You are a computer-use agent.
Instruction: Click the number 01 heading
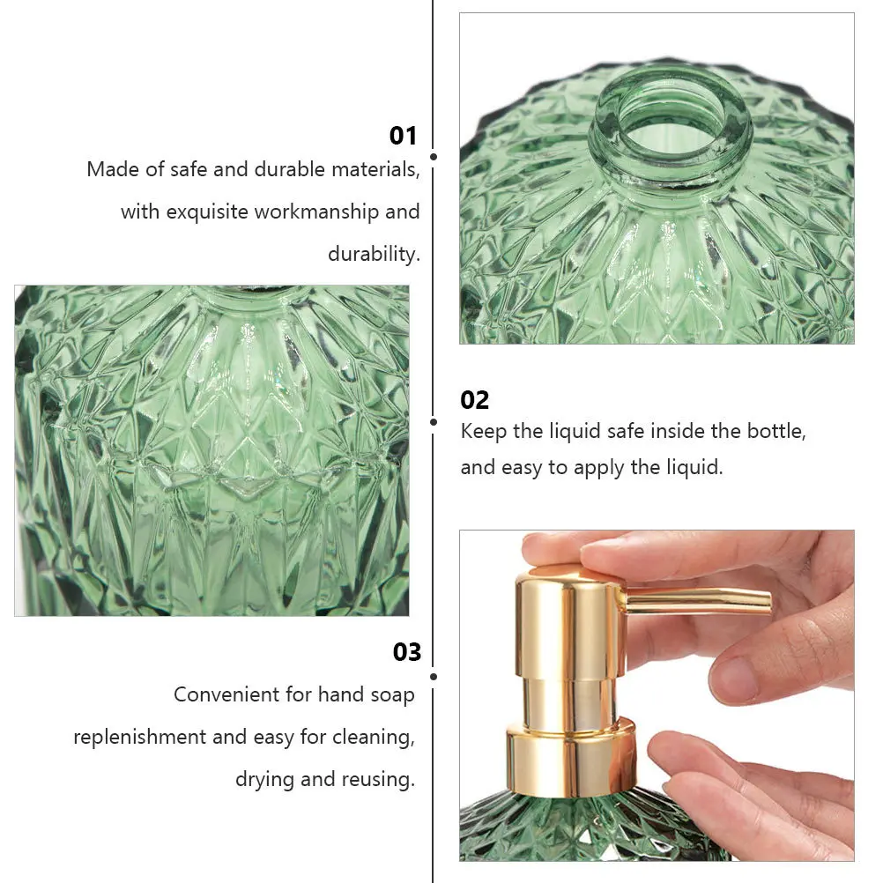click(x=403, y=135)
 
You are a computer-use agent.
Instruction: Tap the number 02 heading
click(x=474, y=400)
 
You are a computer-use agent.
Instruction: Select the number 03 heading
click(x=407, y=652)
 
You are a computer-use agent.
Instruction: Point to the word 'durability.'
click(x=374, y=254)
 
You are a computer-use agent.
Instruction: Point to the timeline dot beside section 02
click(x=433, y=422)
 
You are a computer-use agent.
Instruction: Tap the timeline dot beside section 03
click(x=433, y=677)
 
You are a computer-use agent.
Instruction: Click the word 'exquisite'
click(x=207, y=211)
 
